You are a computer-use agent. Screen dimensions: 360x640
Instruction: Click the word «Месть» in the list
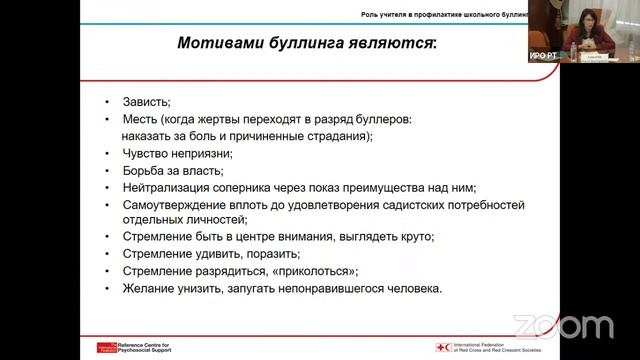(x=140, y=119)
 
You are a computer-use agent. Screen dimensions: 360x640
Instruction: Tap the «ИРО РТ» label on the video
(x=543, y=56)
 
